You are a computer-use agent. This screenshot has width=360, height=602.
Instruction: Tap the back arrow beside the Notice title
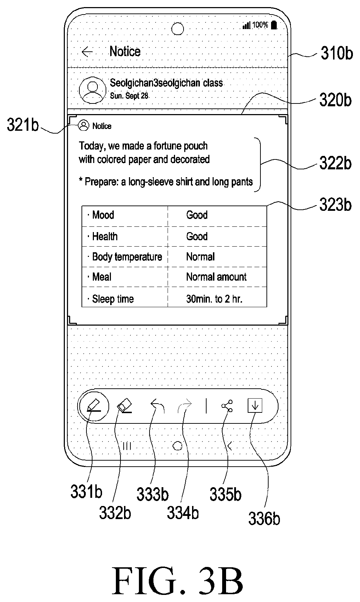pos(87,52)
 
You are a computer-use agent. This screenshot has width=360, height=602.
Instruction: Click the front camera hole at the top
pos(177,29)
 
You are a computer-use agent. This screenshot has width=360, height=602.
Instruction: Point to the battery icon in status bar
pos(274,25)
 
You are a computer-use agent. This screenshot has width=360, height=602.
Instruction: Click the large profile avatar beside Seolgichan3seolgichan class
pos(93,90)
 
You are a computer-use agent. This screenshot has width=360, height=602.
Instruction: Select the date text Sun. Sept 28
pos(129,96)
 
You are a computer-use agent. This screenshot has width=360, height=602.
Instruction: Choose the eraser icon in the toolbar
pos(125,406)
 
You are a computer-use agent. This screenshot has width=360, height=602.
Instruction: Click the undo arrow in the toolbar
pos(157,406)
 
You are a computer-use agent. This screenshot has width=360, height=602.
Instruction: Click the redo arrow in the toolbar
pos(185,406)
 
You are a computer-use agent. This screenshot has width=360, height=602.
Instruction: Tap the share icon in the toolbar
pos(227,406)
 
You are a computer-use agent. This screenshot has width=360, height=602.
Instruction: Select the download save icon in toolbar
pos(255,406)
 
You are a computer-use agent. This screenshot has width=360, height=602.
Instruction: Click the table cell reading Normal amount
pos(216,277)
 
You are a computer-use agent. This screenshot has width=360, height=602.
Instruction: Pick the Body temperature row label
pos(127,257)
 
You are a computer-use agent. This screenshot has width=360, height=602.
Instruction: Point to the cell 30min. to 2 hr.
pos(214,299)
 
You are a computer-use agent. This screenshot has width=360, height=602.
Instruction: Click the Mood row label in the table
pos(103,215)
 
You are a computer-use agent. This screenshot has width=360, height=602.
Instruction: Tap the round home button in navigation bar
pos(177,446)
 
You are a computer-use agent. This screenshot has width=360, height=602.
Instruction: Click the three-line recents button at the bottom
pos(127,446)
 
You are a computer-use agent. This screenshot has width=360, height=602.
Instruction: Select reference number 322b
pos(335,163)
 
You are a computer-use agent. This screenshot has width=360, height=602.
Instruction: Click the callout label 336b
pos(264,518)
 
